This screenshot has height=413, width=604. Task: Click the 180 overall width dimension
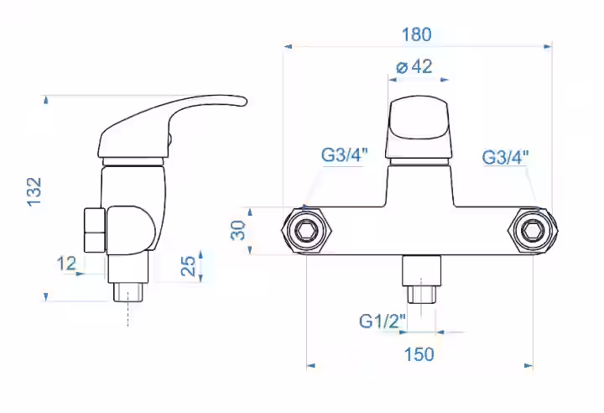(416, 34)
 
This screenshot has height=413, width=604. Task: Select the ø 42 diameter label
(414, 66)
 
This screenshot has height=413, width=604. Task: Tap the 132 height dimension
(34, 191)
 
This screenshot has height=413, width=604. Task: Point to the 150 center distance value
(419, 354)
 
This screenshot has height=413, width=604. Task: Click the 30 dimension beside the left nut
(238, 230)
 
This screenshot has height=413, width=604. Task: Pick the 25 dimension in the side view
(189, 266)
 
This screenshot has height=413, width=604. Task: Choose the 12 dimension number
(66, 264)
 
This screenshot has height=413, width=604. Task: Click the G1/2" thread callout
(383, 321)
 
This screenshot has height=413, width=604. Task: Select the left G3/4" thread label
(345, 155)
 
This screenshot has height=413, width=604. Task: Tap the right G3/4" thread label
(505, 157)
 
